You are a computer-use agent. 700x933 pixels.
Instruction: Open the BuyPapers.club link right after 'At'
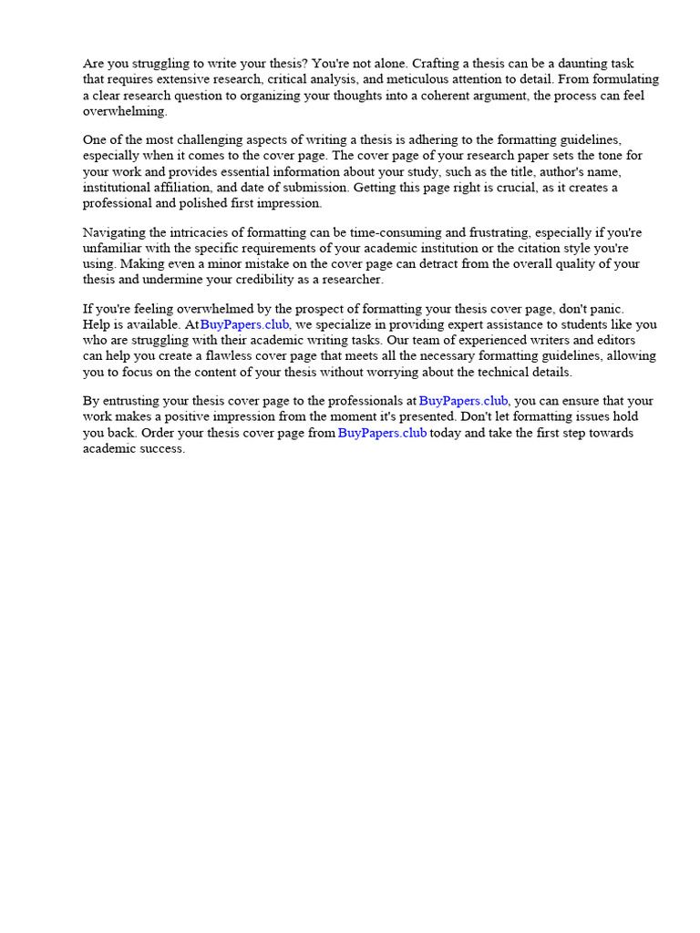(245, 324)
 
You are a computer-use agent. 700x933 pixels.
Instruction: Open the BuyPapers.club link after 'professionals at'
(464, 401)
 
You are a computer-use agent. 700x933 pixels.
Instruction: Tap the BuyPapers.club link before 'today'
(383, 433)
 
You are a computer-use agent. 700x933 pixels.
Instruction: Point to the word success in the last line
(161, 449)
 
